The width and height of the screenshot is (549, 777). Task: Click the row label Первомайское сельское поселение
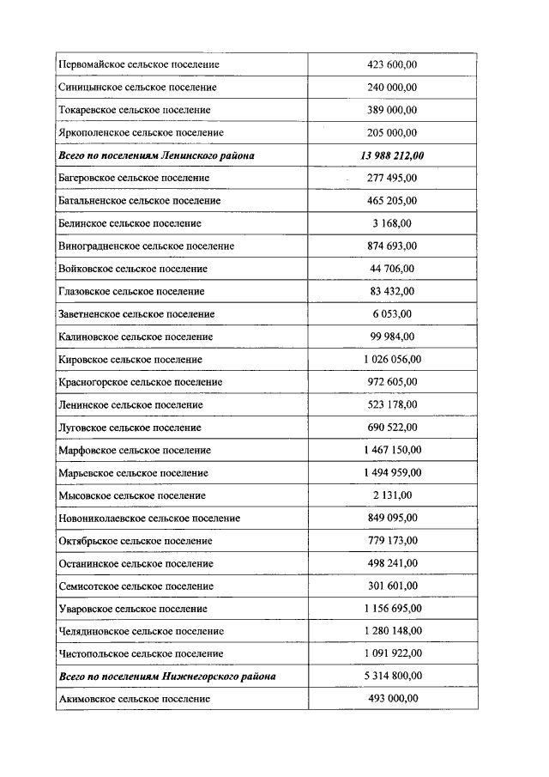138,64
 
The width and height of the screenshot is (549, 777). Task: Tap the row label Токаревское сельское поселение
135,110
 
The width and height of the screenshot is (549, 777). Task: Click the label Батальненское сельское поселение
139,201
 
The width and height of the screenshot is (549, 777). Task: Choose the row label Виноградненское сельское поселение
146,246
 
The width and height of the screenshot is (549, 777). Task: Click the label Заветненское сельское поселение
136,314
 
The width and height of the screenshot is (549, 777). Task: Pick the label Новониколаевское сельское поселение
149,518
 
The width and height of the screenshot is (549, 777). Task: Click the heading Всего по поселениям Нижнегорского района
167,677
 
